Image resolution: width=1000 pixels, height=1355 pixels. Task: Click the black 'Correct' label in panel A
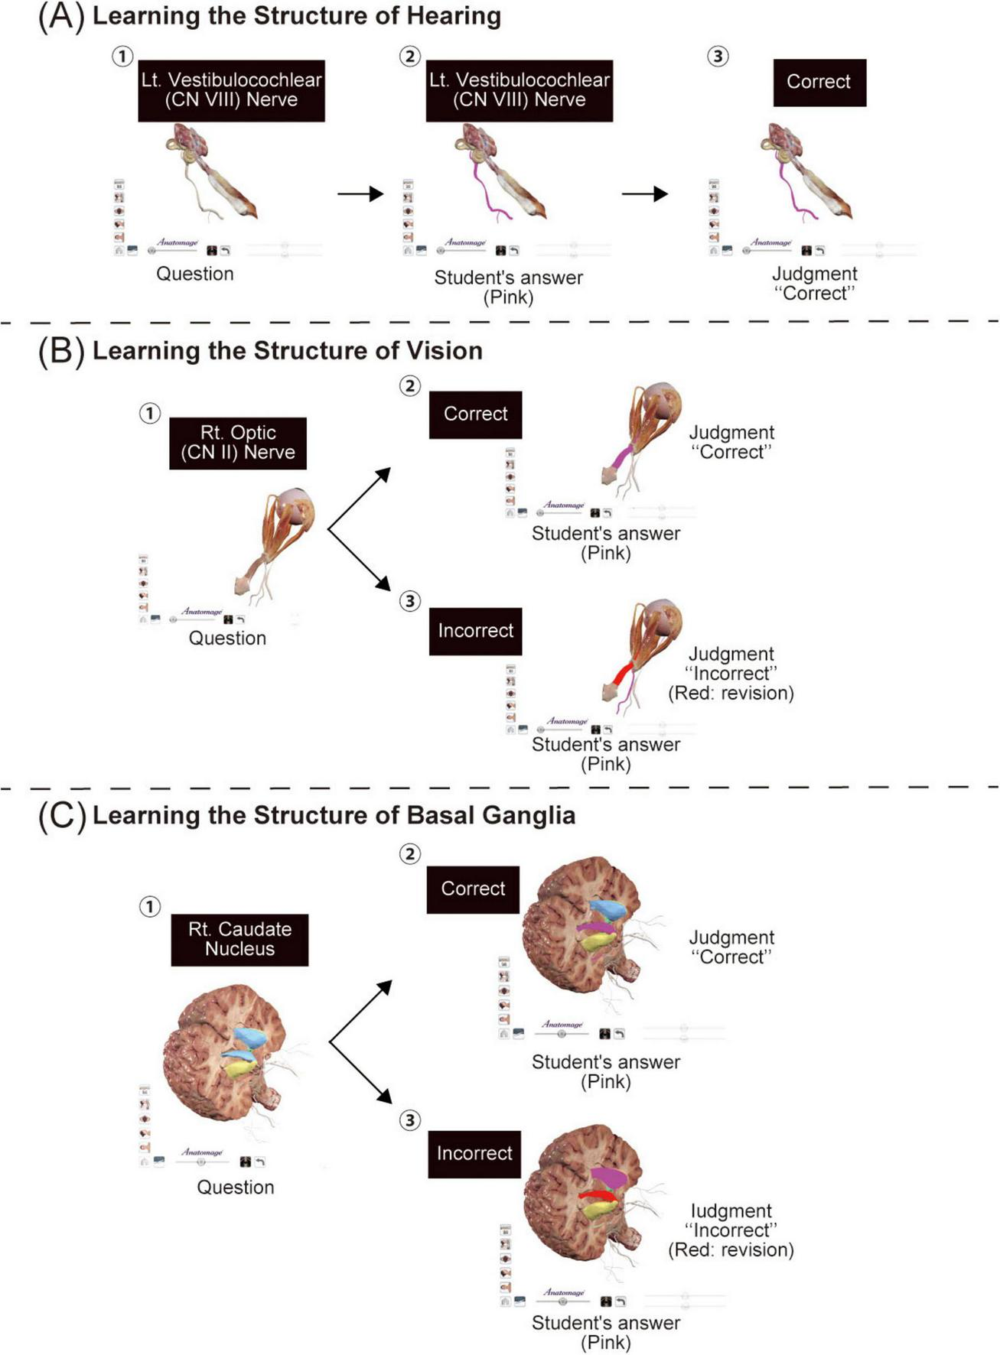819,82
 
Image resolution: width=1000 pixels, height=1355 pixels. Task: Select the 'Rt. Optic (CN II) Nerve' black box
237,443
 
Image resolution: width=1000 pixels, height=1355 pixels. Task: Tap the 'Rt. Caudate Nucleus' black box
239,939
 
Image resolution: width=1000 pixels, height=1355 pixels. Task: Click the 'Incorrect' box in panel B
475,631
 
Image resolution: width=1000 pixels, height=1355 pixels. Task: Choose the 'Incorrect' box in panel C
474,1153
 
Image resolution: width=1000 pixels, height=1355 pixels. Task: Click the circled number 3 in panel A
718,57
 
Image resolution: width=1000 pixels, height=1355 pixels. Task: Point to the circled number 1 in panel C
150,907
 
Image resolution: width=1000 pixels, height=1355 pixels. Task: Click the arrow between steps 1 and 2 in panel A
360,194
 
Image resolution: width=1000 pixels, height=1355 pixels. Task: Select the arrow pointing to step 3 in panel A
644,194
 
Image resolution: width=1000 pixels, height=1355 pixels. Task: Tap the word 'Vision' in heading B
445,351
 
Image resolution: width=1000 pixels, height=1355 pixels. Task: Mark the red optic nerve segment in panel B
624,674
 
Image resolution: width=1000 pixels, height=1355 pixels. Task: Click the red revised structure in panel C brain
597,1195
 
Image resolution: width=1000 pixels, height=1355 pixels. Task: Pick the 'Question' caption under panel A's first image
195,274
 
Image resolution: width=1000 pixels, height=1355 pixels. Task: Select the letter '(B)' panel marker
60,351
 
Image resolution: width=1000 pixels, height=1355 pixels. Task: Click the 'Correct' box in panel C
473,889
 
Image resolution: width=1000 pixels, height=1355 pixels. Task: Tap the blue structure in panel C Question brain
250,1037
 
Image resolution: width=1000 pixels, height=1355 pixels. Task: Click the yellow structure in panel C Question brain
240,1067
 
